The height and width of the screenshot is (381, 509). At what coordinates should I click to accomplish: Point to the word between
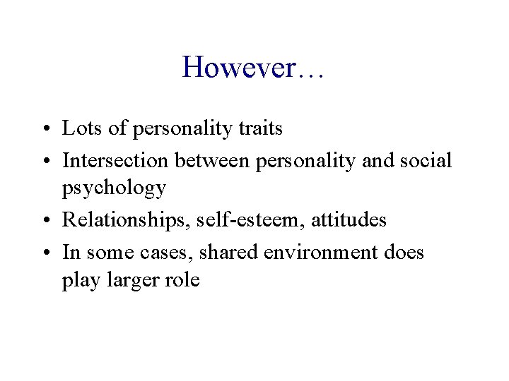[215, 160]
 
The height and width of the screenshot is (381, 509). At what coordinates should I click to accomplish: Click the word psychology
[115, 189]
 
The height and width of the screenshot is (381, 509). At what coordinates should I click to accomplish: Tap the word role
[183, 280]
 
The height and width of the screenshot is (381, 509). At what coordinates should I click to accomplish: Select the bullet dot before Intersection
[52, 162]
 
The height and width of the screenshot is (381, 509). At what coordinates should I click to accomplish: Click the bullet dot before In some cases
[52, 253]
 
